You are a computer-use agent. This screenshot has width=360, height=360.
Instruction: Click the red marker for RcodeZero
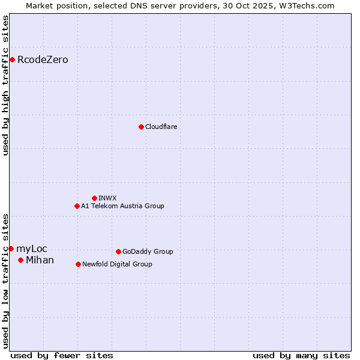pos(12,59)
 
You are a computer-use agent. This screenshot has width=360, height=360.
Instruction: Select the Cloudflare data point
pos(141,127)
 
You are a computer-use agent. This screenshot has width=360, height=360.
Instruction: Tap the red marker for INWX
pos(94,198)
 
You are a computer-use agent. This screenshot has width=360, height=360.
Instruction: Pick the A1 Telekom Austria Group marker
pos(77,206)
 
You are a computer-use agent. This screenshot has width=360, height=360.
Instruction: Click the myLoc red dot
pos(11,248)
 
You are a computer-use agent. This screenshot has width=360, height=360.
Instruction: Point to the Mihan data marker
pos(20,260)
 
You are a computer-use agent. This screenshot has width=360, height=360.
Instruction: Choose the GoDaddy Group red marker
pos(118,251)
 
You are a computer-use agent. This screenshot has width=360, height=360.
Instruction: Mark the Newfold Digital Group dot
pos(78,264)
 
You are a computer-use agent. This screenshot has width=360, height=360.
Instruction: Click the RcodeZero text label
pos(43,59)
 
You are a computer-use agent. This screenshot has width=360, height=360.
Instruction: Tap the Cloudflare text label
pos(161,127)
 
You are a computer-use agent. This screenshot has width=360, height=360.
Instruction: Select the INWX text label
pos(107,198)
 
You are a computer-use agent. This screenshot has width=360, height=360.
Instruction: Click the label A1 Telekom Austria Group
pos(122,206)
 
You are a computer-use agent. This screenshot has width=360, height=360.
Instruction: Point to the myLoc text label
pos(31,248)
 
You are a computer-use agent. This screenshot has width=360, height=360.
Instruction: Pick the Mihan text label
pos(40,260)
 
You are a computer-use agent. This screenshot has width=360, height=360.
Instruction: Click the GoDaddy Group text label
pos(148,251)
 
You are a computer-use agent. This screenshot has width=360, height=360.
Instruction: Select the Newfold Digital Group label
pos(117,264)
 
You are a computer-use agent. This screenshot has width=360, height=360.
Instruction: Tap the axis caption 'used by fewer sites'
pos(62,355)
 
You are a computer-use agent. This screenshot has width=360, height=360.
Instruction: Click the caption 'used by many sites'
pos(301,355)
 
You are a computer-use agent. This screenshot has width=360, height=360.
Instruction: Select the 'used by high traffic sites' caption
pos(5,85)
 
